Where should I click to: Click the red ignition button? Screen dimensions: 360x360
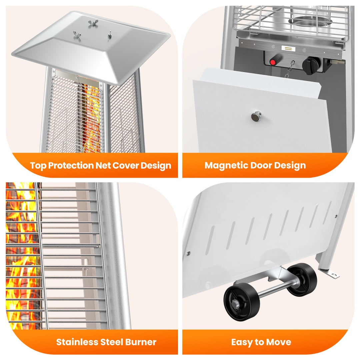(x=273, y=62)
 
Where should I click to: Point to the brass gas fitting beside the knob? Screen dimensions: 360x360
(x=337, y=62)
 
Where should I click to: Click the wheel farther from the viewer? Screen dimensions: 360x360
(x=301, y=279)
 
